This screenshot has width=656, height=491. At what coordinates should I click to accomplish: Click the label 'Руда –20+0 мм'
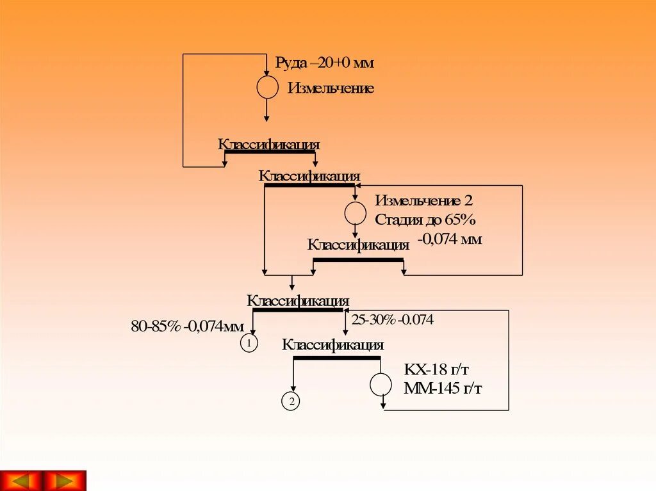(x=324, y=63)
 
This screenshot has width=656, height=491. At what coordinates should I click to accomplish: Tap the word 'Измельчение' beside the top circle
(x=331, y=88)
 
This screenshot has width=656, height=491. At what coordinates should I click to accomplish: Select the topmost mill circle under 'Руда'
(x=267, y=87)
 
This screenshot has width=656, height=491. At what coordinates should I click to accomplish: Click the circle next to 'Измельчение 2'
(x=356, y=213)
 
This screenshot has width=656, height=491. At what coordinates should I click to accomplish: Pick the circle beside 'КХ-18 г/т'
(x=381, y=384)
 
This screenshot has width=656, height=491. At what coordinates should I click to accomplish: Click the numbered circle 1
(x=249, y=344)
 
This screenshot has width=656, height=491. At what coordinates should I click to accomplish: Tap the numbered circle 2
(x=290, y=402)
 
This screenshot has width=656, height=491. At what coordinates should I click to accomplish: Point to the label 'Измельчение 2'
(x=424, y=200)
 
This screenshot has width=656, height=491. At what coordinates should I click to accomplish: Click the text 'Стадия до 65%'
(x=425, y=220)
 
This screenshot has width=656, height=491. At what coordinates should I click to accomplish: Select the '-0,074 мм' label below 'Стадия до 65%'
(x=450, y=240)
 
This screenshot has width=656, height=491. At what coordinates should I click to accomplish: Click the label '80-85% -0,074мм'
(x=187, y=326)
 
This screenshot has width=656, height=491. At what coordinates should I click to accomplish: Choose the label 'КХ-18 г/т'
(x=441, y=371)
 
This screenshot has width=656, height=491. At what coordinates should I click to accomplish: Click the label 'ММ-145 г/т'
(x=443, y=389)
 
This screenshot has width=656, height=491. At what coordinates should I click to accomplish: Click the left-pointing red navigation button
(x=22, y=480)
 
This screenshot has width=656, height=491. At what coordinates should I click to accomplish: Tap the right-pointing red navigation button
(x=64, y=480)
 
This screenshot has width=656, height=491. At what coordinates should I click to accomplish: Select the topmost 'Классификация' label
(x=268, y=145)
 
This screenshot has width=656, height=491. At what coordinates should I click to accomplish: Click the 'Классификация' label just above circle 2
(x=332, y=345)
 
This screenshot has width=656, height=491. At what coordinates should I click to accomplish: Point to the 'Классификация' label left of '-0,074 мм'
(x=358, y=245)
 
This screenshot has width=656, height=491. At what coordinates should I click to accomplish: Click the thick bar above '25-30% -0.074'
(x=298, y=310)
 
